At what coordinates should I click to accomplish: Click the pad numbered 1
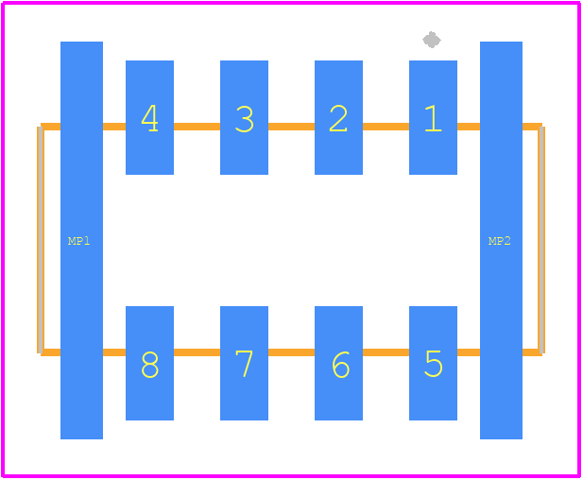click(433, 117)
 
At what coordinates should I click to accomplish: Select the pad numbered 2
click(338, 117)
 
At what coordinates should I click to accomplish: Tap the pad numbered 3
click(245, 117)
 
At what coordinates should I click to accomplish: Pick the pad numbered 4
click(150, 117)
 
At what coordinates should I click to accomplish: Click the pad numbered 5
click(433, 363)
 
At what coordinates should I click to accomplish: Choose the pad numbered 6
click(338, 363)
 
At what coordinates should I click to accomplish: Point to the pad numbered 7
click(245, 363)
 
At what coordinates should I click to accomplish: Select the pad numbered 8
click(150, 363)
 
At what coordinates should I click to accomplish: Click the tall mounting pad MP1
click(82, 240)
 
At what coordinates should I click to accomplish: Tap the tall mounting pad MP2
click(501, 240)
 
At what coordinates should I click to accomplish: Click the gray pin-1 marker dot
click(432, 40)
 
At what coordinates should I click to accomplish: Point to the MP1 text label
click(78, 241)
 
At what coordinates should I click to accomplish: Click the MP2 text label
click(499, 241)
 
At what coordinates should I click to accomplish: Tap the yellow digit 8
click(150, 365)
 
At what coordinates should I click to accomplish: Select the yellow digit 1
click(433, 118)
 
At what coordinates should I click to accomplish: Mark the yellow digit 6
click(340, 365)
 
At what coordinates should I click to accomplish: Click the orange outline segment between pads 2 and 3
click(291, 127)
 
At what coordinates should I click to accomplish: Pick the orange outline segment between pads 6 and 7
click(291, 352)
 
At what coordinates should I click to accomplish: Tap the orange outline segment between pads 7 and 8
click(197, 352)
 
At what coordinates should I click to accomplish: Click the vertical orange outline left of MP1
click(42, 239)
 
